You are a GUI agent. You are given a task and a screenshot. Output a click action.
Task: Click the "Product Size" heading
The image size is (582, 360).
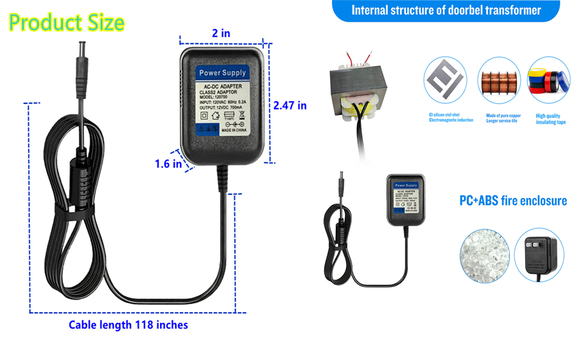(x=67, y=22)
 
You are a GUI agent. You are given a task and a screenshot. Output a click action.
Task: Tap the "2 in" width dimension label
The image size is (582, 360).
(x=221, y=33)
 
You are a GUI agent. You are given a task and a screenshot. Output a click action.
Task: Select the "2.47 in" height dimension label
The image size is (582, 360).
(x=290, y=105)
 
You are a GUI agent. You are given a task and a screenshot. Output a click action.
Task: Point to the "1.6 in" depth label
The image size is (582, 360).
(x=168, y=164)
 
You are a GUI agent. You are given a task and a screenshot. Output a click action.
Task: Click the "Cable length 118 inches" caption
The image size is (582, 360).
(x=128, y=325)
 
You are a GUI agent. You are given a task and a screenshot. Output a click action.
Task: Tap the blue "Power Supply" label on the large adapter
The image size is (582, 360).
(x=223, y=73)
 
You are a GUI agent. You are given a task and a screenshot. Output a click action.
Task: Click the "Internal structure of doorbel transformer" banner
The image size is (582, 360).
(x=446, y=10)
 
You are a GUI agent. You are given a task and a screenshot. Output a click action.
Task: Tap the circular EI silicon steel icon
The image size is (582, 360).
(x=445, y=80)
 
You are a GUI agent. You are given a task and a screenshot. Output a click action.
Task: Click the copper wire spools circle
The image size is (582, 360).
(x=499, y=80)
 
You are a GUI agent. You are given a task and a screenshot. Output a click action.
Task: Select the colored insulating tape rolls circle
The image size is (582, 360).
(x=548, y=80)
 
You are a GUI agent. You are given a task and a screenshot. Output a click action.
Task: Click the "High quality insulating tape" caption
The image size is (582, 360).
(x=551, y=119)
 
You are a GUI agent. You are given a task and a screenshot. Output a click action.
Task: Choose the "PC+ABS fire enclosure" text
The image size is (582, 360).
(x=513, y=200)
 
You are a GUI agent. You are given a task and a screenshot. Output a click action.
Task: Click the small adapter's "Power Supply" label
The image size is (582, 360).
(x=406, y=185)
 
